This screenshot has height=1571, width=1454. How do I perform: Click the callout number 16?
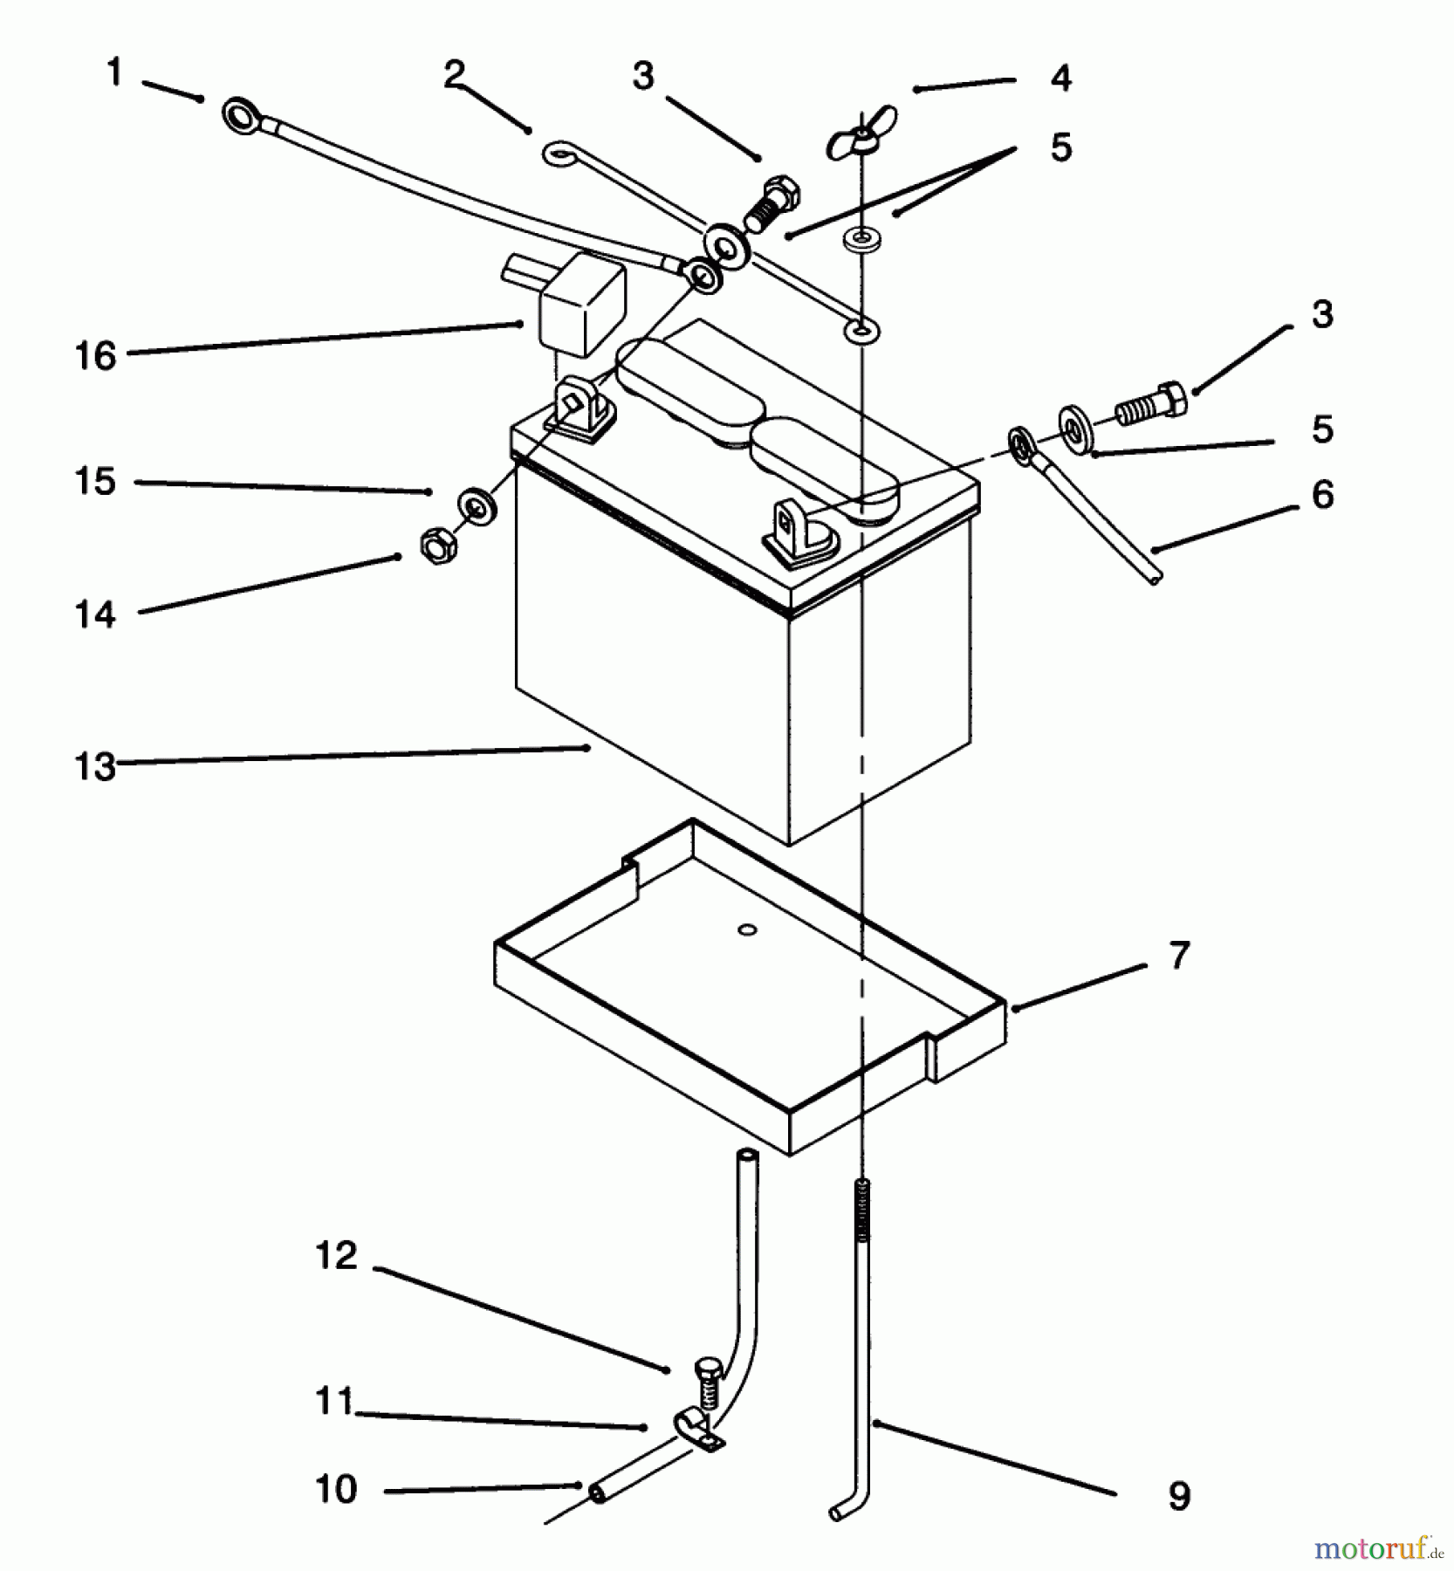pos(95,355)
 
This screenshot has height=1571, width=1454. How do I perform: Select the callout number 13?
pos(95,766)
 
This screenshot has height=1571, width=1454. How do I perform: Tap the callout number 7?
pos(1179,955)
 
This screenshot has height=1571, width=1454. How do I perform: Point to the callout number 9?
pos(1179,1496)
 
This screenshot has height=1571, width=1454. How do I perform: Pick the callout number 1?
pos(114,73)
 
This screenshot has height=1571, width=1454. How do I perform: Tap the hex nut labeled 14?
pos(434,548)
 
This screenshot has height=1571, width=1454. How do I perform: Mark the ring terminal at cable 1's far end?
pos(240,116)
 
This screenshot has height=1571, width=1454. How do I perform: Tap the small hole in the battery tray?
pos(746,930)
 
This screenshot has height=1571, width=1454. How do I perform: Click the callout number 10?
pos(336,1488)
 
